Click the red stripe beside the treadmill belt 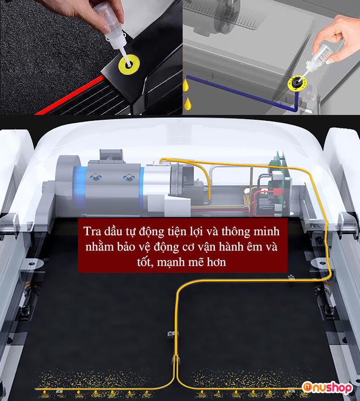[x=69, y=95]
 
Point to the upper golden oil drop [x=186, y=85]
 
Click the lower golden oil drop [x=188, y=104]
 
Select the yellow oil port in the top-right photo [x=296, y=83]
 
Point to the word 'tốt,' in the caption [x=145, y=262]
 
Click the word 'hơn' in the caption [x=217, y=262]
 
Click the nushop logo [x=327, y=388]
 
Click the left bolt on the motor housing [x=95, y=177]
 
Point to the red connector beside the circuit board [x=277, y=192]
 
